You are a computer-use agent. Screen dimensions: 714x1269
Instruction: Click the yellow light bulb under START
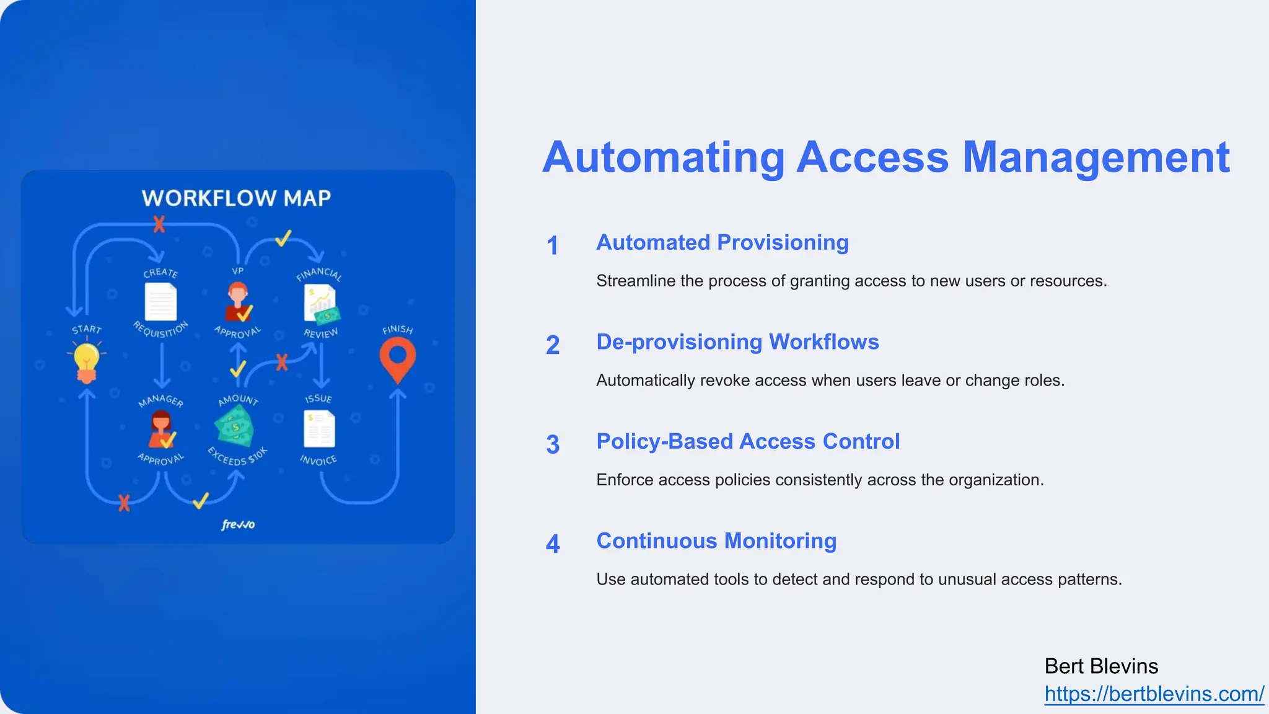tap(86, 362)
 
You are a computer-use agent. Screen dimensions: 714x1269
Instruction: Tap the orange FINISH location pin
tap(397, 361)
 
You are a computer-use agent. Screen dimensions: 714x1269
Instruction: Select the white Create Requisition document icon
tap(160, 302)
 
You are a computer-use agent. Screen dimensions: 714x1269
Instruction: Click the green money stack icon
tap(234, 426)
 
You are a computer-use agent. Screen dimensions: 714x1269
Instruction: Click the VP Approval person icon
tap(238, 302)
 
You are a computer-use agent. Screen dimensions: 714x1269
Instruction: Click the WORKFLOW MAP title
tap(236, 198)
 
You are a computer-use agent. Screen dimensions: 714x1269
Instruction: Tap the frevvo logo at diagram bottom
tap(238, 525)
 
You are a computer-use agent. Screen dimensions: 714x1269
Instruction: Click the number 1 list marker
tap(552, 245)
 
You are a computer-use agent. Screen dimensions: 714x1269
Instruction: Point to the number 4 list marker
tap(553, 544)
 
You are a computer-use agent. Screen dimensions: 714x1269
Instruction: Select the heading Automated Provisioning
tap(722, 242)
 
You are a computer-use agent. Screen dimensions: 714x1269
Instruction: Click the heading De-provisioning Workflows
tap(737, 342)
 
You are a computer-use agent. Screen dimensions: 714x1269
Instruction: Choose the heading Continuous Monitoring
tap(716, 540)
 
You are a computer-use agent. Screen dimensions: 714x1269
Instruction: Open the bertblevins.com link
tap(1154, 694)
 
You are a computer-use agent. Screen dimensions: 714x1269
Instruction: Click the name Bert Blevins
tap(1101, 666)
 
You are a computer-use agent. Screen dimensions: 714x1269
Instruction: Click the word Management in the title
tap(1096, 157)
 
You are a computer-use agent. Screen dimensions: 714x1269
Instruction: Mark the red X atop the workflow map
tap(159, 224)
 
